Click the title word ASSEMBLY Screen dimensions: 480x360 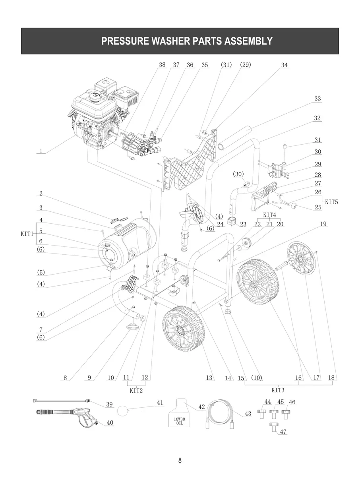click(x=246, y=41)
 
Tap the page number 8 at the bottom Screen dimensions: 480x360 click(x=180, y=461)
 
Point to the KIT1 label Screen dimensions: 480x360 click(x=27, y=234)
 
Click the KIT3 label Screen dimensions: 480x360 click(x=278, y=390)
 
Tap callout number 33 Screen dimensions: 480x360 click(x=317, y=99)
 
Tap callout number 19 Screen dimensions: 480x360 click(x=323, y=224)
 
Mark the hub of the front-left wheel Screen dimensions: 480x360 click(x=183, y=329)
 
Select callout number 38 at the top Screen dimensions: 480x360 click(x=162, y=65)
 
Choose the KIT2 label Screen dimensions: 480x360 click(x=136, y=391)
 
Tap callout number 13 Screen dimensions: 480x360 click(x=209, y=378)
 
